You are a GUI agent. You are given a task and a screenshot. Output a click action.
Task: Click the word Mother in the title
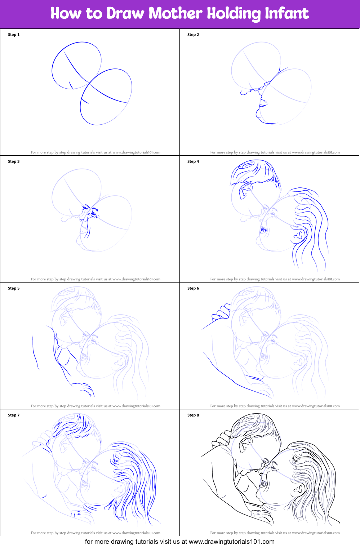175,13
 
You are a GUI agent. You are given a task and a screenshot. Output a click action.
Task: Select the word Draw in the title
125,13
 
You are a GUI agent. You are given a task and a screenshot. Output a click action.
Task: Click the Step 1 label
14,35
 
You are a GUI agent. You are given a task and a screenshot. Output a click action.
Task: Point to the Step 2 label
193,35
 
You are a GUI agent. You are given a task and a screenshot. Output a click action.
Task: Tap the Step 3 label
14,161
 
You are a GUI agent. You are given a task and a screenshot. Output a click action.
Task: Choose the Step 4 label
193,161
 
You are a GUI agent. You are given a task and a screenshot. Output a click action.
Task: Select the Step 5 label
14,288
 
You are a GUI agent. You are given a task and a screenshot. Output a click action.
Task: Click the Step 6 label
193,288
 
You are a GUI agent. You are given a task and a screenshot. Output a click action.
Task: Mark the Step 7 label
14,415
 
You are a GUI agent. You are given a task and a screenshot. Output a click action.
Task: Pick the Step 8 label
193,415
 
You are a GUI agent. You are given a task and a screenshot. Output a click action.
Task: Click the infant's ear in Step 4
245,191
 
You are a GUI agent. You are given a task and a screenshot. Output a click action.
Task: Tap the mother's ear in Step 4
299,235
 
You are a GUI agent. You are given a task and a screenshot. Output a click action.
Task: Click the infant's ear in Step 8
245,444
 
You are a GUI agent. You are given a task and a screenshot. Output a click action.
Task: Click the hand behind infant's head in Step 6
221,312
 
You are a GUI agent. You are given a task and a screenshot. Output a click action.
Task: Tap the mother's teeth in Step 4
263,230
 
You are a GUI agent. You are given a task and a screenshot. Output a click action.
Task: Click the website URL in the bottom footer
232,541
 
